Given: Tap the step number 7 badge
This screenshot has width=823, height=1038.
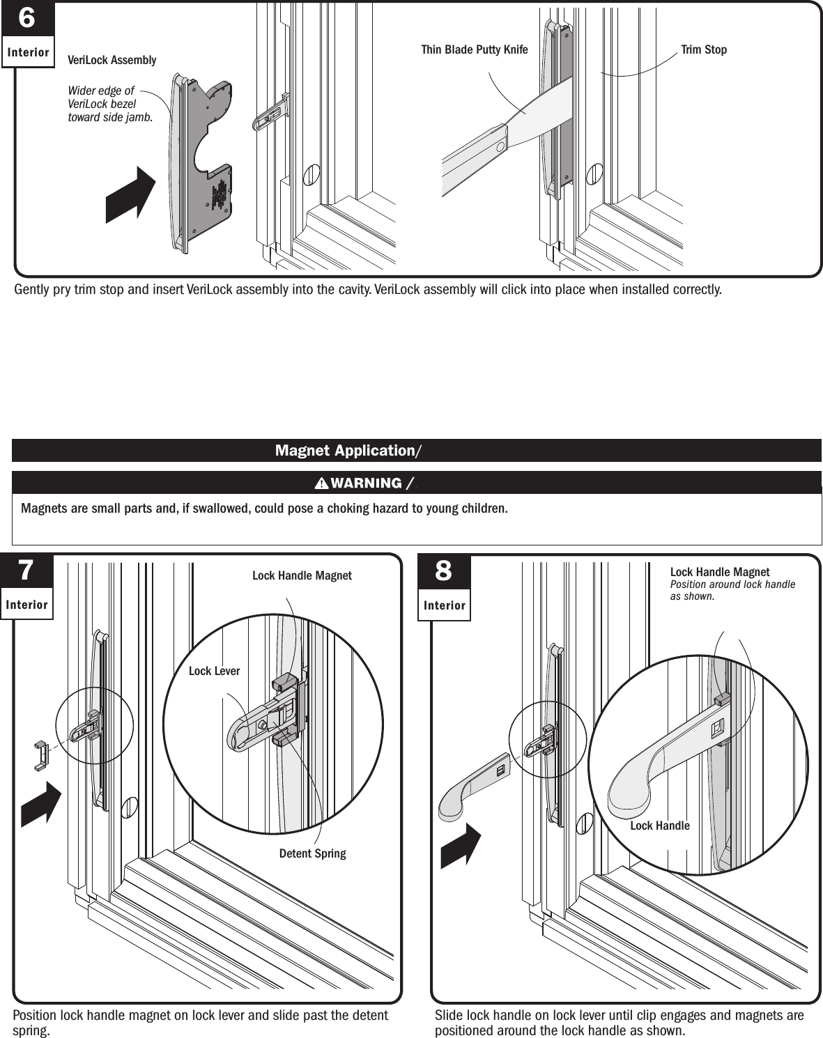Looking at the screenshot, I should pos(26,571).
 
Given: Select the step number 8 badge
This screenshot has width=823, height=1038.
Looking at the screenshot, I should pos(443,571).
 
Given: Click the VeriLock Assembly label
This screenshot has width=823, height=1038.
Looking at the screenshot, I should pos(111,60).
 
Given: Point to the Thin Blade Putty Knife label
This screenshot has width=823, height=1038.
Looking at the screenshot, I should pos(474,49).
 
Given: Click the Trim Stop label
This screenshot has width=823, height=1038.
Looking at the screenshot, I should pos(703,49).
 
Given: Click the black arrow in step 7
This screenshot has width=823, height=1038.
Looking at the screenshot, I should pos(41,805).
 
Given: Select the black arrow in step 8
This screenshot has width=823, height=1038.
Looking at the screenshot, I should pos(461,846).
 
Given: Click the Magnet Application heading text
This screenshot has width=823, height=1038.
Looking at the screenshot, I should pos(345,451).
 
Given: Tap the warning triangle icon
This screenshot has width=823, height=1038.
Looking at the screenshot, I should pos(321,483).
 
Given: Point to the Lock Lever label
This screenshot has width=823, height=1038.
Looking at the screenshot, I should pos(214,671).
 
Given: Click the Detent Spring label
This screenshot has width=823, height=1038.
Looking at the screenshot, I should pos(312,853).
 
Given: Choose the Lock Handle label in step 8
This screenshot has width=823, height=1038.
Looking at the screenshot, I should pos(659,826).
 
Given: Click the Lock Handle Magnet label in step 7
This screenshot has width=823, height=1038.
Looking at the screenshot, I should pos(302,575).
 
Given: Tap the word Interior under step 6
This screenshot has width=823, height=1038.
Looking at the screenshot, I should pos(28,52).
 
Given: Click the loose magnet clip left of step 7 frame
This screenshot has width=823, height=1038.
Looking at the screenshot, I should pos(40,755).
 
